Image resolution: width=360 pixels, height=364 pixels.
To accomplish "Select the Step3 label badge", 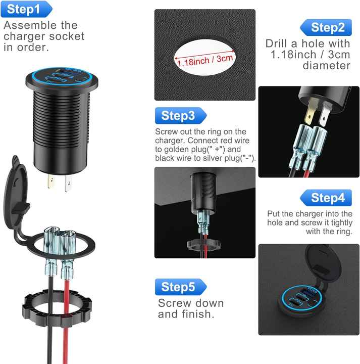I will pyautogui.click(x=179, y=116).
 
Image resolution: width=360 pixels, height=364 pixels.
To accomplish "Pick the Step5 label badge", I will pyautogui.click(x=179, y=287).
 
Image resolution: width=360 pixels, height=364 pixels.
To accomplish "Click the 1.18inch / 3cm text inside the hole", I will pyautogui.click(x=205, y=61).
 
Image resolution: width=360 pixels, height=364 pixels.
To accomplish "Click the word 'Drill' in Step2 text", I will pyautogui.click(x=279, y=43).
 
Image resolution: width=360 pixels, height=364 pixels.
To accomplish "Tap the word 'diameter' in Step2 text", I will pyautogui.click(x=326, y=66).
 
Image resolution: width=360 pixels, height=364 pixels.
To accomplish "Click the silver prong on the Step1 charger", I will pyautogui.click(x=67, y=185).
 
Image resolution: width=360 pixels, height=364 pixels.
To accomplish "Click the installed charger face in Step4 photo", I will pyautogui.click(x=303, y=301).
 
